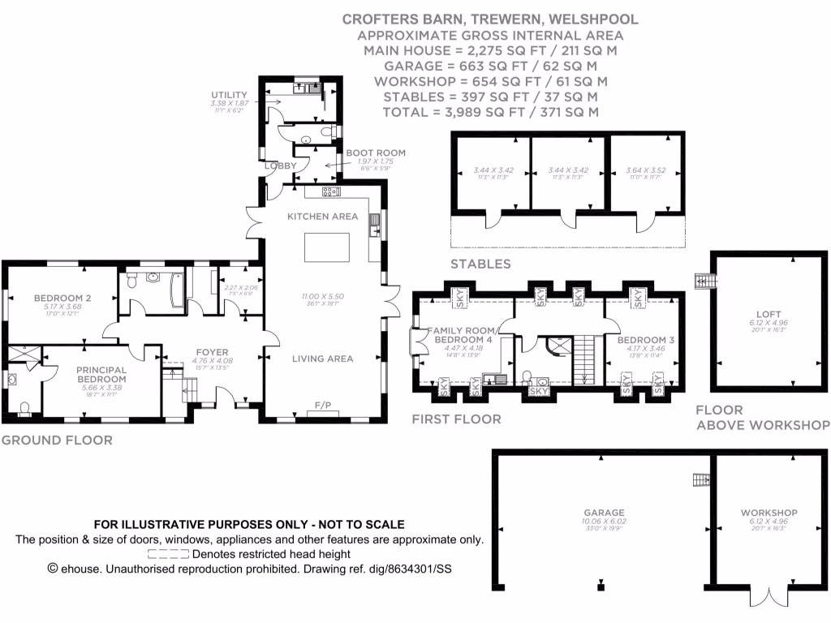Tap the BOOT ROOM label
375,153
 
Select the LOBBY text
280,167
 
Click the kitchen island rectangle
327,247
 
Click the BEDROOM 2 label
62,298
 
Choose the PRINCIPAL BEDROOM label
102,375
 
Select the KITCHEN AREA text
322,217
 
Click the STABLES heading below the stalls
480,264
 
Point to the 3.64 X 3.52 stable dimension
646,170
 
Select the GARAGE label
605,513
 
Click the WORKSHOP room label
769,513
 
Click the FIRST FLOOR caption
456,419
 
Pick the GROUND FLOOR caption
57,440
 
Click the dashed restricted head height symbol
169,554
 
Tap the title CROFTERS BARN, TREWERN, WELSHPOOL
490,19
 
